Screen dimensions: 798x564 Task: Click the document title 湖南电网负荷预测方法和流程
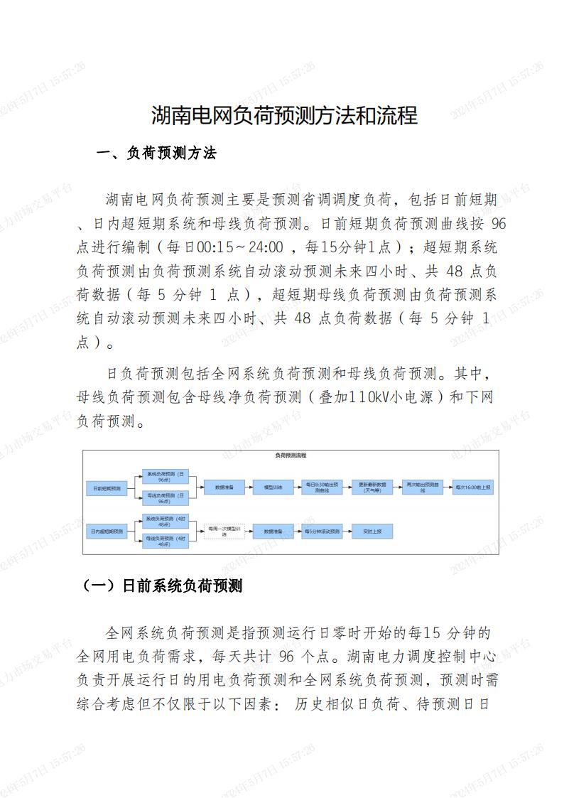[284, 115]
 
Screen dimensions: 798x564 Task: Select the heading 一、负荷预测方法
[156, 153]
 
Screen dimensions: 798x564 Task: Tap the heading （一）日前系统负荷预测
[163, 586]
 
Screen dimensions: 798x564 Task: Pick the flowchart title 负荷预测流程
[291, 455]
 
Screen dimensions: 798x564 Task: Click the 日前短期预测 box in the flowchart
[107, 489]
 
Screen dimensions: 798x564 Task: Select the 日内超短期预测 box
[107, 531]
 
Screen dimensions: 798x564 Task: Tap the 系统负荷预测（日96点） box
[165, 476]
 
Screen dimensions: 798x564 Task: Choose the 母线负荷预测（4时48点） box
[165, 542]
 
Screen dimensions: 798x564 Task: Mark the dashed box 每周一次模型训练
[224, 531]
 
